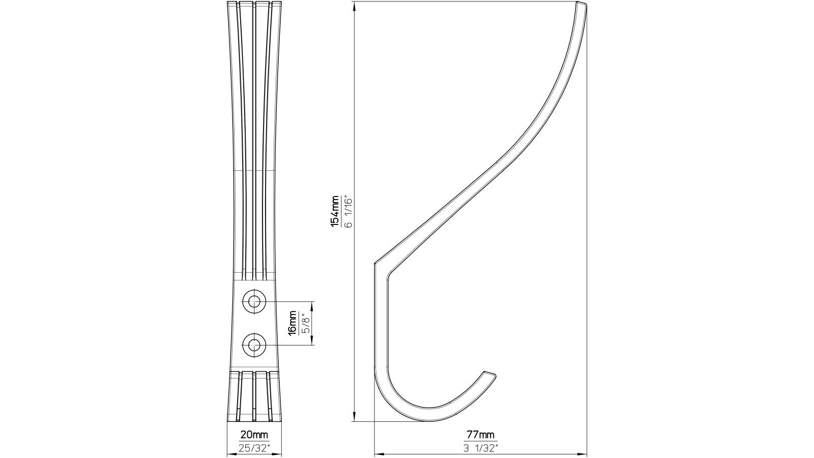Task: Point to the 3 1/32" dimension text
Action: click(x=480, y=448)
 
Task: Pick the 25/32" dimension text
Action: click(x=254, y=448)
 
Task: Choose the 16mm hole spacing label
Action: click(x=292, y=324)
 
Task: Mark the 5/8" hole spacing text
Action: click(x=305, y=324)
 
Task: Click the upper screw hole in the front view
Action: click(x=254, y=302)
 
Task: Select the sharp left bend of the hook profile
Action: click(x=377, y=264)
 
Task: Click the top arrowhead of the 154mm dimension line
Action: click(x=354, y=5)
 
